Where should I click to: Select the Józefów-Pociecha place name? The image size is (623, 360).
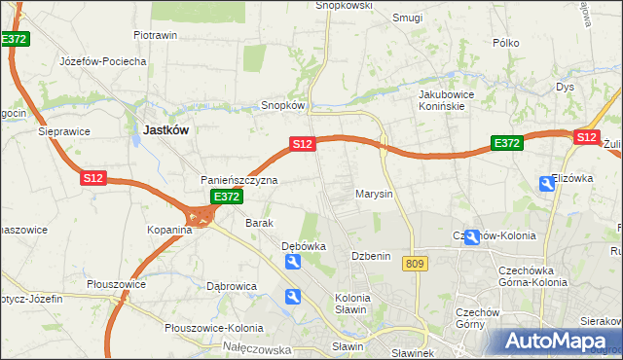coord(102,61)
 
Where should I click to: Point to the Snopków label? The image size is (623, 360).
coord(283,105)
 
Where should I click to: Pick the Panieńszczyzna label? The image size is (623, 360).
coord(239,180)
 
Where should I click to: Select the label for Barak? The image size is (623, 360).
coord(259,223)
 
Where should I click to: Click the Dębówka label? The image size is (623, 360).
coord(303,246)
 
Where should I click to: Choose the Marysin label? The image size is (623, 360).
coord(374,194)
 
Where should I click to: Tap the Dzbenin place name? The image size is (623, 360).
coord(371,256)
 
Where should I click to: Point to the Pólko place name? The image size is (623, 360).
coord(506,43)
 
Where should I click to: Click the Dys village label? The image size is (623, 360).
coord(566,87)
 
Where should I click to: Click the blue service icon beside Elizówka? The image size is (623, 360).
coord(546,183)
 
